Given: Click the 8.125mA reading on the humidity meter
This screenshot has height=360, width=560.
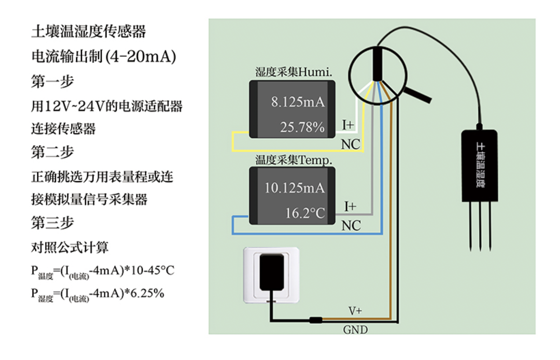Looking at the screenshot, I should pos(298,103).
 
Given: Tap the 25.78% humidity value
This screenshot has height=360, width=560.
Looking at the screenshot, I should pos(302,128).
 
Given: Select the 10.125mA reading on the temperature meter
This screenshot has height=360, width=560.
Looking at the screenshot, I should pos(295,188).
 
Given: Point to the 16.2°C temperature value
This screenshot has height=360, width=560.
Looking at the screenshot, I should pos(305,213).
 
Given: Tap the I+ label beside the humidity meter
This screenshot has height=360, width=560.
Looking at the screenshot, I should pos(348,125).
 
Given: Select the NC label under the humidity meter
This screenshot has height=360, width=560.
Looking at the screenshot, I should pos(350,144).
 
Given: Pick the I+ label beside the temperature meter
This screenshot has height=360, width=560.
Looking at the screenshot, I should pos(350,206).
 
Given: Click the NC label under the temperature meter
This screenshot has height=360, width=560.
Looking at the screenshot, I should pos(351,226).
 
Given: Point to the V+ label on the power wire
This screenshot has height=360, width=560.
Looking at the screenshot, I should pos(355,311).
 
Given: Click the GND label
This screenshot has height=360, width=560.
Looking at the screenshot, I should pos(355,330).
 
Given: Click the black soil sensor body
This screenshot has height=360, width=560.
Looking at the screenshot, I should pos(479,165).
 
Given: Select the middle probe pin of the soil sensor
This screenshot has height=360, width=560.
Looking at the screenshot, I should pos(480,227).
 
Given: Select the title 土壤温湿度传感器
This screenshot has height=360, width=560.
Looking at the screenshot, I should pos(88,32).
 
